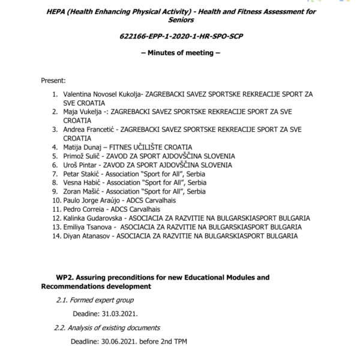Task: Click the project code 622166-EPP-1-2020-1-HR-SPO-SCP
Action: (x=180, y=37)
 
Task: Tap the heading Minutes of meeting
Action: (x=180, y=53)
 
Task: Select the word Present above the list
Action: (x=53, y=80)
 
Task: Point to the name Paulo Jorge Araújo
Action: (x=91, y=199)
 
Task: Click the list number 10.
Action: (x=53, y=199)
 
